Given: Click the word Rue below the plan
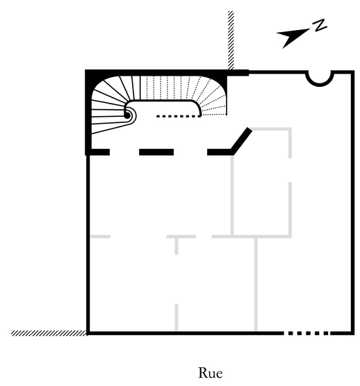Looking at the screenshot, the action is [211, 373].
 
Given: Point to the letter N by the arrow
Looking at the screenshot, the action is [320, 25].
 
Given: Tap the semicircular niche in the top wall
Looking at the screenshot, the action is [320, 79].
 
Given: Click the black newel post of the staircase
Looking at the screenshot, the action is [127, 115].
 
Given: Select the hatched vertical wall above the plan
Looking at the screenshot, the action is [231, 40].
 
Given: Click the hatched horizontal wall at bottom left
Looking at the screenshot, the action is [49, 333].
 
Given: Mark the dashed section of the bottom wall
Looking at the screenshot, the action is [306, 333].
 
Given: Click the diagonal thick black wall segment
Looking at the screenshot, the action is [241, 141].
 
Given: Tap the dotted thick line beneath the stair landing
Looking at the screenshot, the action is [179, 116].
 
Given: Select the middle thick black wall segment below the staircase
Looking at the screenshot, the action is [156, 152].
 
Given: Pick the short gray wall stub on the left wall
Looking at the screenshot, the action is [100, 236].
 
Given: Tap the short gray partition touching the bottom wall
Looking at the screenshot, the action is [177, 318].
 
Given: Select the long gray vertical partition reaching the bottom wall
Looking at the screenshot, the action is [256, 284].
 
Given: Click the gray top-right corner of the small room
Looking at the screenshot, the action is [290, 129].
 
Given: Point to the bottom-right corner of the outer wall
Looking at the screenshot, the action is [352, 333].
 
